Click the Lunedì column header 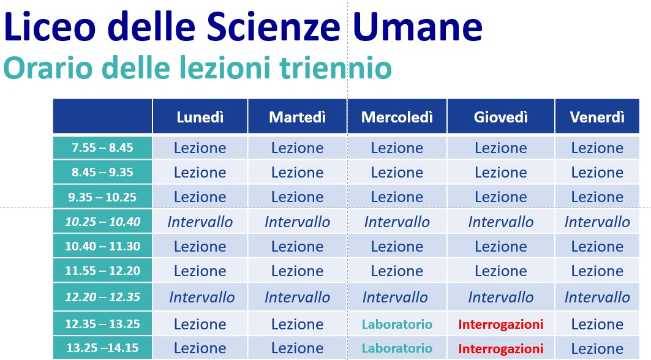point(200,117)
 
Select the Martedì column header point(297,117)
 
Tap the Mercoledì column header point(397,117)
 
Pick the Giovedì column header point(501,117)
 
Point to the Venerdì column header point(597,117)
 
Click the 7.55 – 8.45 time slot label point(102,148)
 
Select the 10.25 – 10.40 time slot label point(102,222)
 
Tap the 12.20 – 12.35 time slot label point(102,297)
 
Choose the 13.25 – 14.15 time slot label point(102,348)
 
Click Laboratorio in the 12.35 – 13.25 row point(397,324)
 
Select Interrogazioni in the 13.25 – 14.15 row point(501,348)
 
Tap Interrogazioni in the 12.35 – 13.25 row point(501,324)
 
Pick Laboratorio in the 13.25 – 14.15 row point(397,348)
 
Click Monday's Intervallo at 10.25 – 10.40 point(200,222)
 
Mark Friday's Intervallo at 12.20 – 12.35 point(597,297)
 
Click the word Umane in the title point(418,26)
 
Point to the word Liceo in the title point(50,26)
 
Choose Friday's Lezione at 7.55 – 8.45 point(597,148)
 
